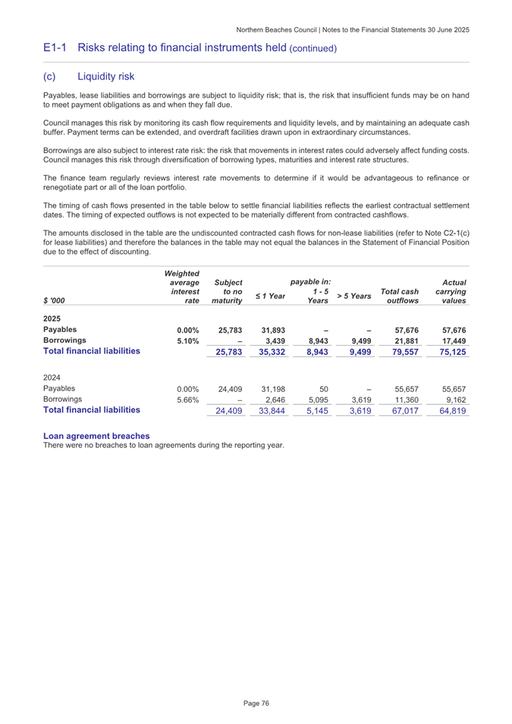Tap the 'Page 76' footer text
[256, 704]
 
